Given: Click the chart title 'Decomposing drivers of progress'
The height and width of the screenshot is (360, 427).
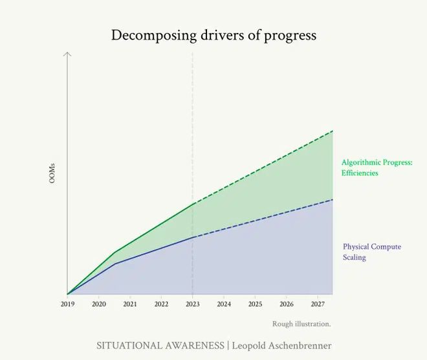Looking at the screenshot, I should [x=213, y=35].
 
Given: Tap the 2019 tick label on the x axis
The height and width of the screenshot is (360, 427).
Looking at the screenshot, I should [x=67, y=304].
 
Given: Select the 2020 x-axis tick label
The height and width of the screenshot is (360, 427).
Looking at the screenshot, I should [x=99, y=304].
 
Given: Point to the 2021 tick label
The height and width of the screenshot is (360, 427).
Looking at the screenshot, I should [x=130, y=304].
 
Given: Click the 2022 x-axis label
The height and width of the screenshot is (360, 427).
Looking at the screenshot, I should [x=162, y=304].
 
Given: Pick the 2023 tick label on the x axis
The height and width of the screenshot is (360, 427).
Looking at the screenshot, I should [x=193, y=304].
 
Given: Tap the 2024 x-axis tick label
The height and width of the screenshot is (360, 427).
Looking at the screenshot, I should [x=224, y=304].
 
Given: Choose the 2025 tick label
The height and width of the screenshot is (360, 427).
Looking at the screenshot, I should [x=256, y=304].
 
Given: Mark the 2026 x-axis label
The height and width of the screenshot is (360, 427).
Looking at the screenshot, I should [x=287, y=304].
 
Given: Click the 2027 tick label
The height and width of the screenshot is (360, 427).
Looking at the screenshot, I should [x=318, y=304].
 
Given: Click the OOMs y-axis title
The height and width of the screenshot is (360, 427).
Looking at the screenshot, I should [x=52, y=173].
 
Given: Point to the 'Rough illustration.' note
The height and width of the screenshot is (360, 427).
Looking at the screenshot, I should [x=301, y=324].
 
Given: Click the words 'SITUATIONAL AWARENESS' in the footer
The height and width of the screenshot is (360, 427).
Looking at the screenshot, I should [x=160, y=346].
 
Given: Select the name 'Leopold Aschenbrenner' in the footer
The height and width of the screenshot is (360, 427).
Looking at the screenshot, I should [x=281, y=346].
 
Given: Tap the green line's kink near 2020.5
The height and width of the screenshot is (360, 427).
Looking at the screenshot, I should [x=115, y=253].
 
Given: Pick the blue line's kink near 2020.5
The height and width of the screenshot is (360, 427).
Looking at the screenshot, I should [x=115, y=264].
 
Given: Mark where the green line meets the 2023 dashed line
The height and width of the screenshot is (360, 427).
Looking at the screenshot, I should [x=193, y=205].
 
